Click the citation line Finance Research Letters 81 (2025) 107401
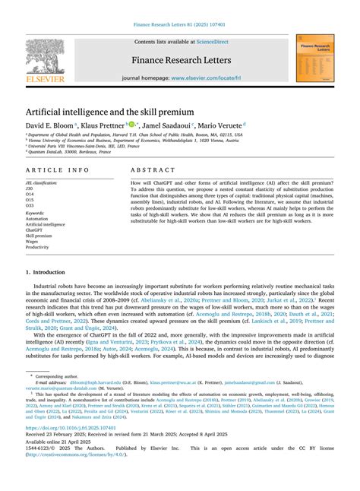(180, 25)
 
